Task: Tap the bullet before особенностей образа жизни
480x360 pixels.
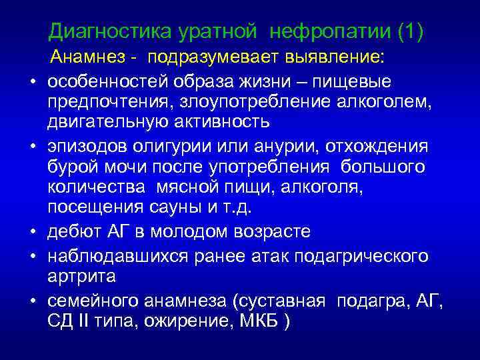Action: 32,82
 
